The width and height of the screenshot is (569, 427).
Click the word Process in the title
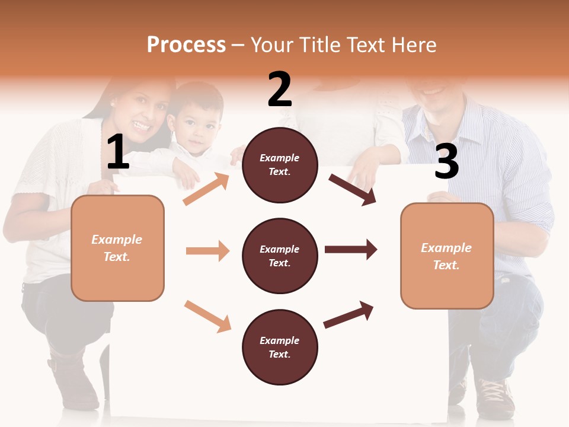(186, 44)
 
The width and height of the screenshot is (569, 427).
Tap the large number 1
(118, 152)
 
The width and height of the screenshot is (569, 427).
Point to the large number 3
(446, 162)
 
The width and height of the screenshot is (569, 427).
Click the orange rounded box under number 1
(117, 248)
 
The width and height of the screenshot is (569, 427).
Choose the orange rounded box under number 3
(447, 256)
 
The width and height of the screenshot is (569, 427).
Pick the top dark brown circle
(280, 165)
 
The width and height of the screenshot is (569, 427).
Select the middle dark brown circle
(280, 256)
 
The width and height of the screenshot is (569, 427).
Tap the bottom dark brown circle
(280, 347)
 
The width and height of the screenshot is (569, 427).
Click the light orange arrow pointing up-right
(206, 189)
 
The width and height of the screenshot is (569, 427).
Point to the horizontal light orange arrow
(207, 251)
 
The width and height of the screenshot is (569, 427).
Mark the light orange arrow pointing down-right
(207, 316)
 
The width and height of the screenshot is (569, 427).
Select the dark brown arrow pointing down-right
(353, 189)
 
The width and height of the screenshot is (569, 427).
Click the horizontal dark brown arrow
(351, 249)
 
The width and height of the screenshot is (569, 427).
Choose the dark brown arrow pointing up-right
(349, 315)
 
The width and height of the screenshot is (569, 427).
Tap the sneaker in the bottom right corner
(495, 397)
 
